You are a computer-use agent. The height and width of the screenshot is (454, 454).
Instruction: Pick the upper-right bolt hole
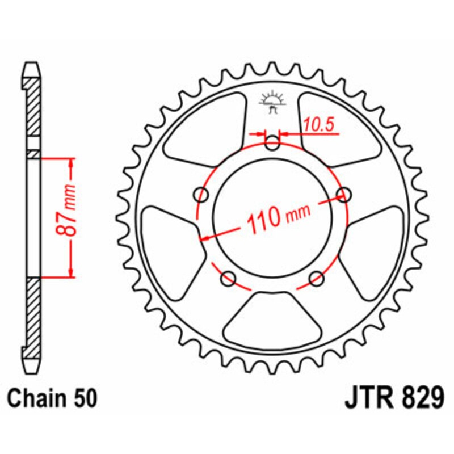[343, 195]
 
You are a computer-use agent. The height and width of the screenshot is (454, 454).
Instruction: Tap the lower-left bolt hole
[229, 278]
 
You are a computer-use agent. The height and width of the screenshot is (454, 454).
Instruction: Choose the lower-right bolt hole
[317, 278]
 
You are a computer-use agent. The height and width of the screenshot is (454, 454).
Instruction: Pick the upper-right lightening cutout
[339, 128]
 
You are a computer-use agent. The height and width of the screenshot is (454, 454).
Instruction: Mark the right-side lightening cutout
[379, 250]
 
